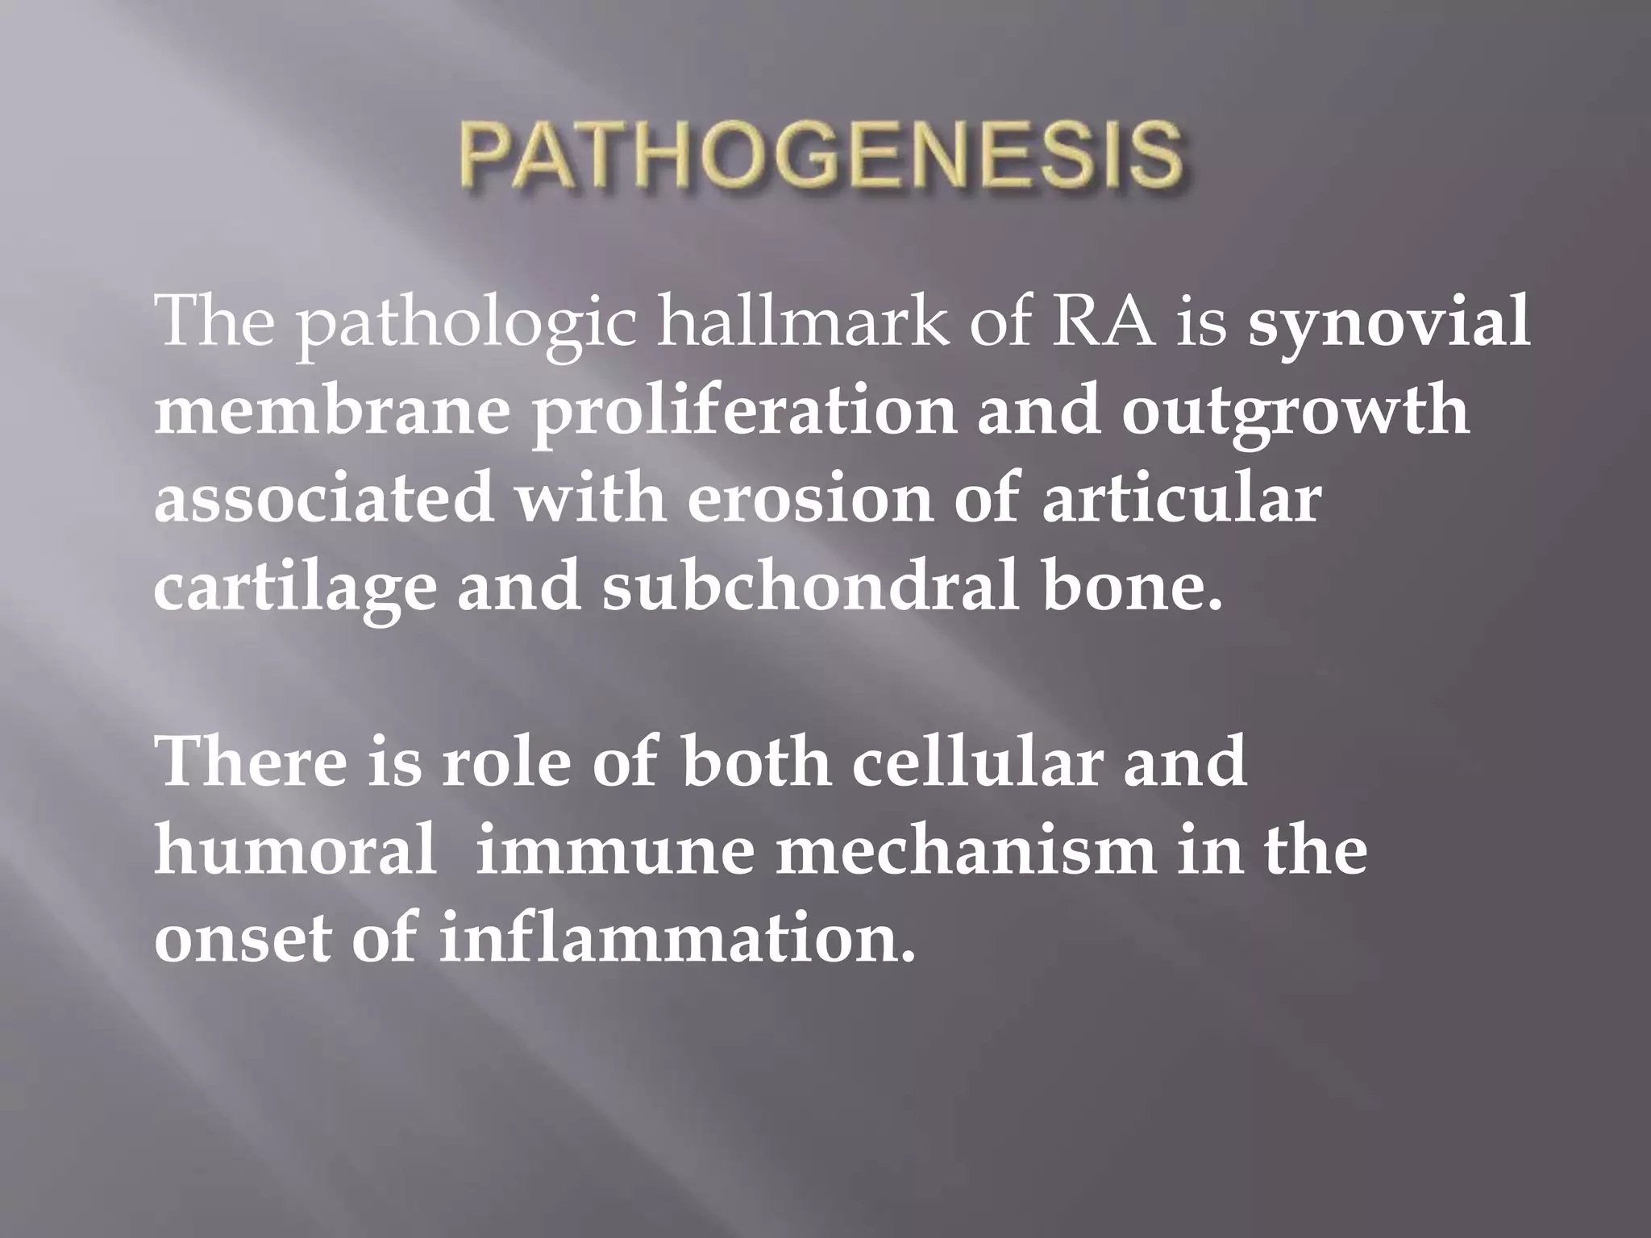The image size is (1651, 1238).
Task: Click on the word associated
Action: [323, 500]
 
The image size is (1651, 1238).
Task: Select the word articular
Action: [1181, 500]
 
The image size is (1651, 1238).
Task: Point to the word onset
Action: [243, 940]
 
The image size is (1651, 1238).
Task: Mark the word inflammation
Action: [678, 940]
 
